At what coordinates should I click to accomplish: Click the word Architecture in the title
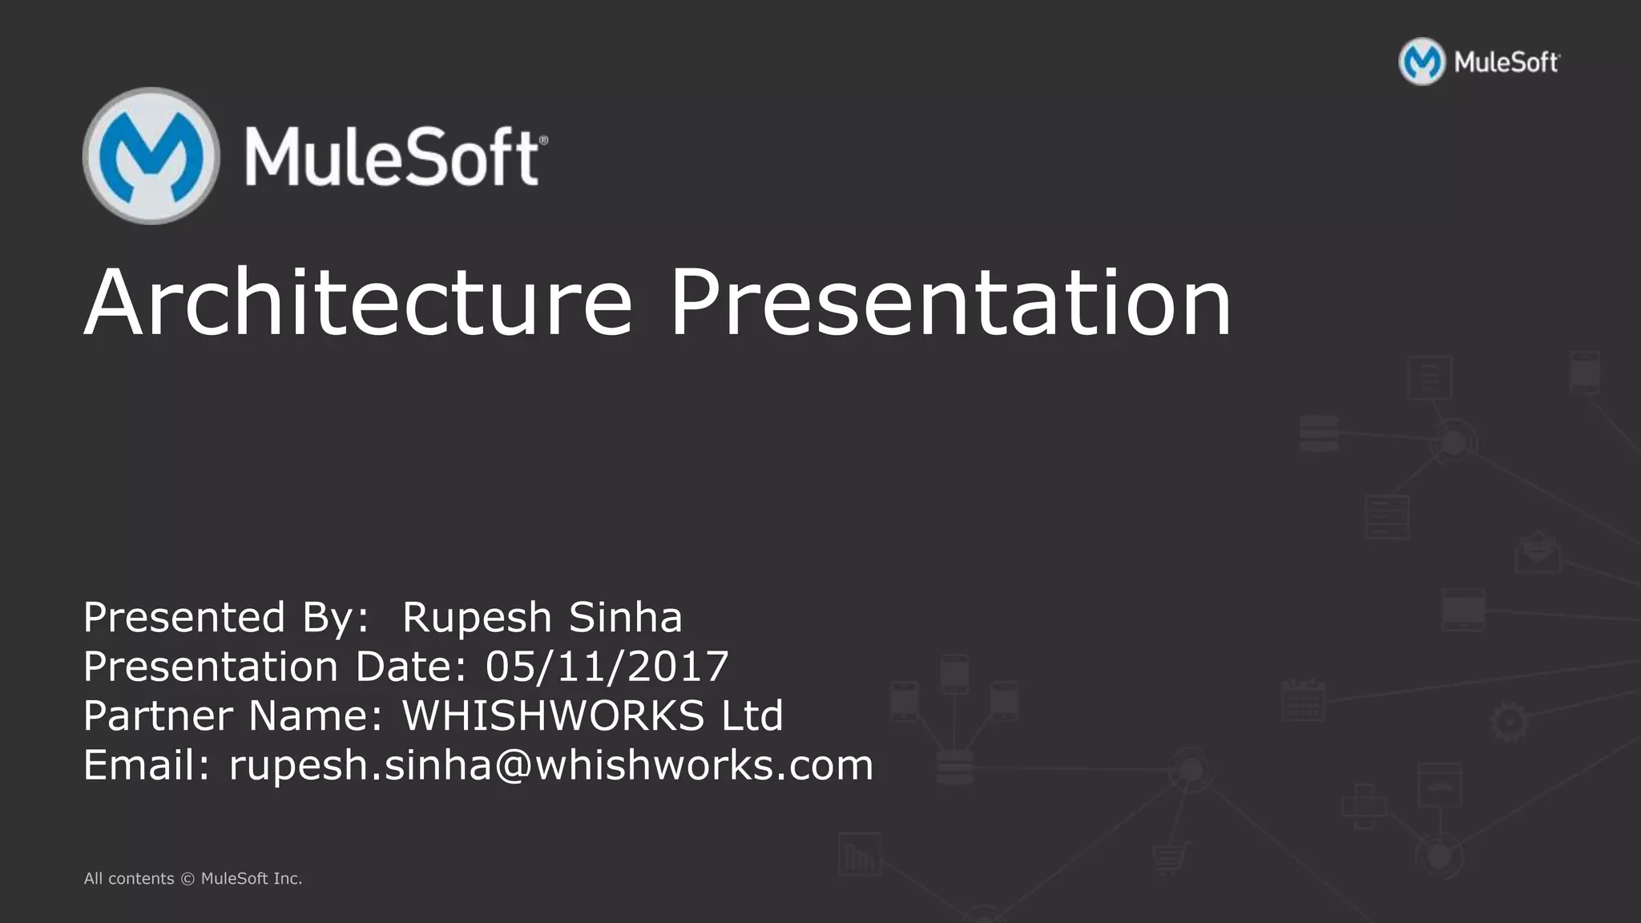click(358, 303)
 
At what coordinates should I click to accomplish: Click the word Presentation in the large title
click(950, 303)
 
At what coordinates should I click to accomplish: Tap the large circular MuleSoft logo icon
click(151, 156)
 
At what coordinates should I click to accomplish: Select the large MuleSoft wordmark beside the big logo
click(396, 157)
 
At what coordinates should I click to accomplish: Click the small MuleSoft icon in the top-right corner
click(1421, 62)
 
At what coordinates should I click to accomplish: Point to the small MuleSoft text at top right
click(1506, 62)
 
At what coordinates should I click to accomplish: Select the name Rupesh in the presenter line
click(477, 618)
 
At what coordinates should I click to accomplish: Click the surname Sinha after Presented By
click(625, 618)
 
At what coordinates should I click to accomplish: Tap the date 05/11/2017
click(607, 667)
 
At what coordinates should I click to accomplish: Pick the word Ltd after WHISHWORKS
click(752, 715)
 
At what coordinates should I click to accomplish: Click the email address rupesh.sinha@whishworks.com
click(551, 765)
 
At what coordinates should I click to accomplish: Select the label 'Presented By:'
click(226, 618)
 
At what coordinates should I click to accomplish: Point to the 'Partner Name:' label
click(233, 715)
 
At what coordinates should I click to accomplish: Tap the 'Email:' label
click(147, 765)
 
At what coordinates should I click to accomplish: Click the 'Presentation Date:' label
click(275, 667)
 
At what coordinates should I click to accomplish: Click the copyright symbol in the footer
click(187, 879)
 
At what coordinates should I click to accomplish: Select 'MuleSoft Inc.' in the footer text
click(252, 879)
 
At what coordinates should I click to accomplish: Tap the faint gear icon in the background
click(1509, 722)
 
